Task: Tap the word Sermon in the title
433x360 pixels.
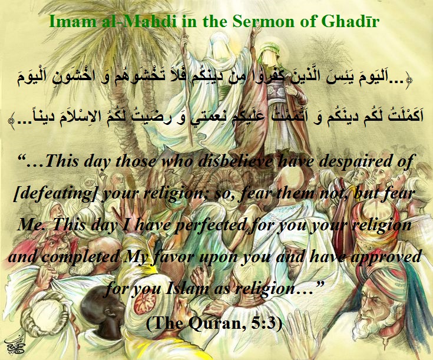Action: tap(260, 21)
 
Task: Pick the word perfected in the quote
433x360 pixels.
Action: tap(210, 224)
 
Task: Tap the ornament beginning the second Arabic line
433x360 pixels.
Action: tap(12, 120)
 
